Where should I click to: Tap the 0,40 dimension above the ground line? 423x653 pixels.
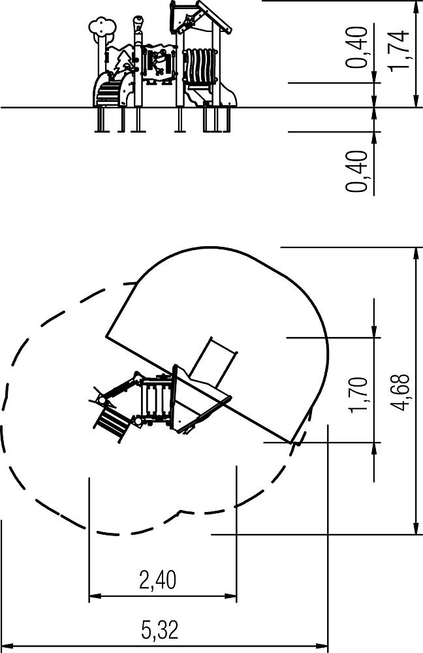click(x=357, y=46)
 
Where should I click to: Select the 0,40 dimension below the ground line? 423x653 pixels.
click(x=357, y=171)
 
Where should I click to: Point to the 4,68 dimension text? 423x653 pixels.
click(x=401, y=392)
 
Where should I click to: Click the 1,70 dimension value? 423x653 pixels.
click(x=358, y=394)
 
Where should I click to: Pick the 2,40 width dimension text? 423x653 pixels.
click(x=157, y=580)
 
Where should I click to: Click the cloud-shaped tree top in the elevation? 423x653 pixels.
click(x=102, y=27)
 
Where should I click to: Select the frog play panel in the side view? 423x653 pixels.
click(x=157, y=63)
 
